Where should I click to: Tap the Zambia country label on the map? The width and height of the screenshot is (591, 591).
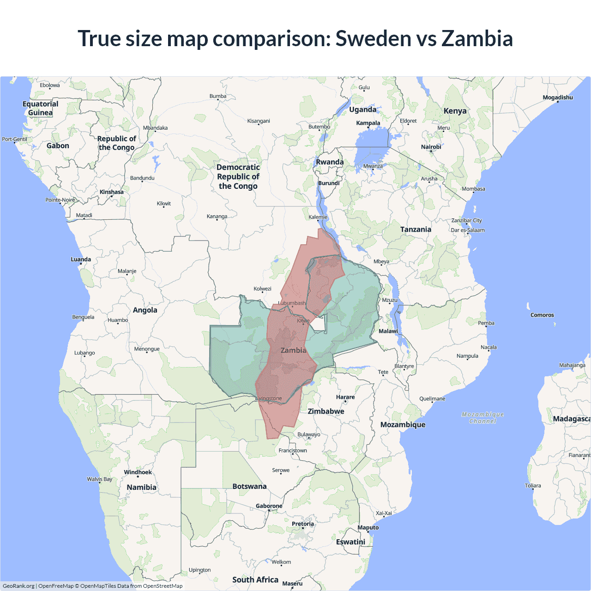(293, 350)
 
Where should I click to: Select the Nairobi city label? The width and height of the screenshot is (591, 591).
(431, 147)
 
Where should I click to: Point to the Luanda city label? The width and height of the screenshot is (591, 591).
(81, 259)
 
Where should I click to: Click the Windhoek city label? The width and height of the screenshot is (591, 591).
(138, 472)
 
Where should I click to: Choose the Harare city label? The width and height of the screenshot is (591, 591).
(345, 397)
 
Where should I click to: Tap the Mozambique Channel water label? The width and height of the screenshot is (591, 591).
(482, 418)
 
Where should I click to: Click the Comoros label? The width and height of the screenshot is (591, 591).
(542, 315)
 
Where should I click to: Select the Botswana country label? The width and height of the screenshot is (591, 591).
(249, 486)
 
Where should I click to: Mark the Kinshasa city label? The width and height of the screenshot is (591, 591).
(111, 192)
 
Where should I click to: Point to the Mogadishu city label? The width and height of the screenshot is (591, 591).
(558, 97)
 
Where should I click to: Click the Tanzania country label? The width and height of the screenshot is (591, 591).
(416, 229)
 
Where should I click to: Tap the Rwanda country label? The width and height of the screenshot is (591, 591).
(330, 162)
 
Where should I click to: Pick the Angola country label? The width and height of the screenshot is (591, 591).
(145, 310)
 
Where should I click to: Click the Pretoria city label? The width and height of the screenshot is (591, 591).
(302, 524)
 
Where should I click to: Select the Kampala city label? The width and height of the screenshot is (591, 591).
(368, 123)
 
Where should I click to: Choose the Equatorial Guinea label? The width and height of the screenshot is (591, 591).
(41, 108)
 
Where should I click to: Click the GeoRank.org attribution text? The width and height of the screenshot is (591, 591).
(18, 586)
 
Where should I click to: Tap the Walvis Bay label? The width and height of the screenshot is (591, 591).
(100, 479)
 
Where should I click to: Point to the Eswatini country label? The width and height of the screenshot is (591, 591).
(350, 542)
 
